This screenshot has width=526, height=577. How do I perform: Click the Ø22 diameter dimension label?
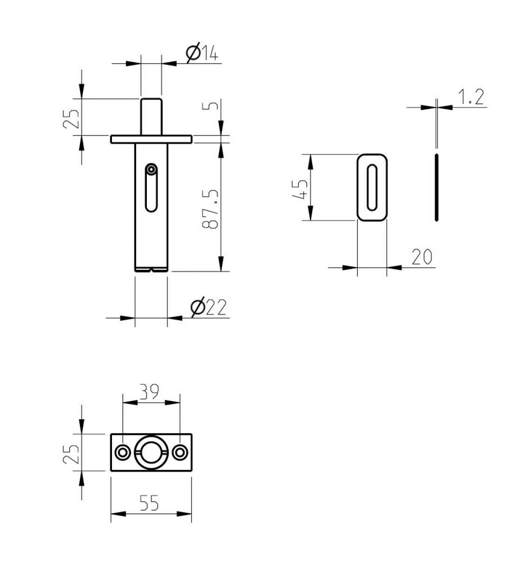click(208, 308)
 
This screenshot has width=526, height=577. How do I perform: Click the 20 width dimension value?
click(421, 257)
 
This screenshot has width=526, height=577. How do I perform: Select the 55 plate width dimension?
click(149, 503)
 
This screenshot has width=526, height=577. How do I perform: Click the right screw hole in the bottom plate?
click(180, 452)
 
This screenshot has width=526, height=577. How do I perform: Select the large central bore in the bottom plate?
click(151, 452)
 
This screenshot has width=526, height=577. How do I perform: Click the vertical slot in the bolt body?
click(151, 194)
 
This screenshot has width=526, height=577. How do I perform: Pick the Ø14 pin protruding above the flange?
click(151, 116)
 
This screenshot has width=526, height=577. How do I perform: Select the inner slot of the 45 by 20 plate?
click(372, 187)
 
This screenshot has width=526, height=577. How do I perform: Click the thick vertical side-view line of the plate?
click(437, 187)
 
